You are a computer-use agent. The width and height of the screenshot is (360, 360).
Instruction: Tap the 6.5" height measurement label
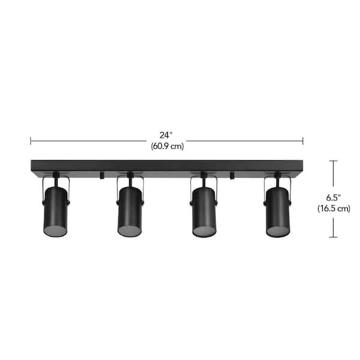333,197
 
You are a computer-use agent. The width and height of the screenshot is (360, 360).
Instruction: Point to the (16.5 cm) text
333,209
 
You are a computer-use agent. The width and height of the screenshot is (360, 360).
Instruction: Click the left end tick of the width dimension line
31,141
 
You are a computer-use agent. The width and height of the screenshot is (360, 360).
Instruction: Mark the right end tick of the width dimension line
303,141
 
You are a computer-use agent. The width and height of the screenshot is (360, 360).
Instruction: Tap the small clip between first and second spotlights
101,175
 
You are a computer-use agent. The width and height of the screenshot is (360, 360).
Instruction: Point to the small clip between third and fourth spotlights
231,175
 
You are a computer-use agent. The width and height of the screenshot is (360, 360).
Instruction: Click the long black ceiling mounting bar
167,166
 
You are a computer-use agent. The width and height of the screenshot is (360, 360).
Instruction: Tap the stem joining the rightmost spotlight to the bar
277,176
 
